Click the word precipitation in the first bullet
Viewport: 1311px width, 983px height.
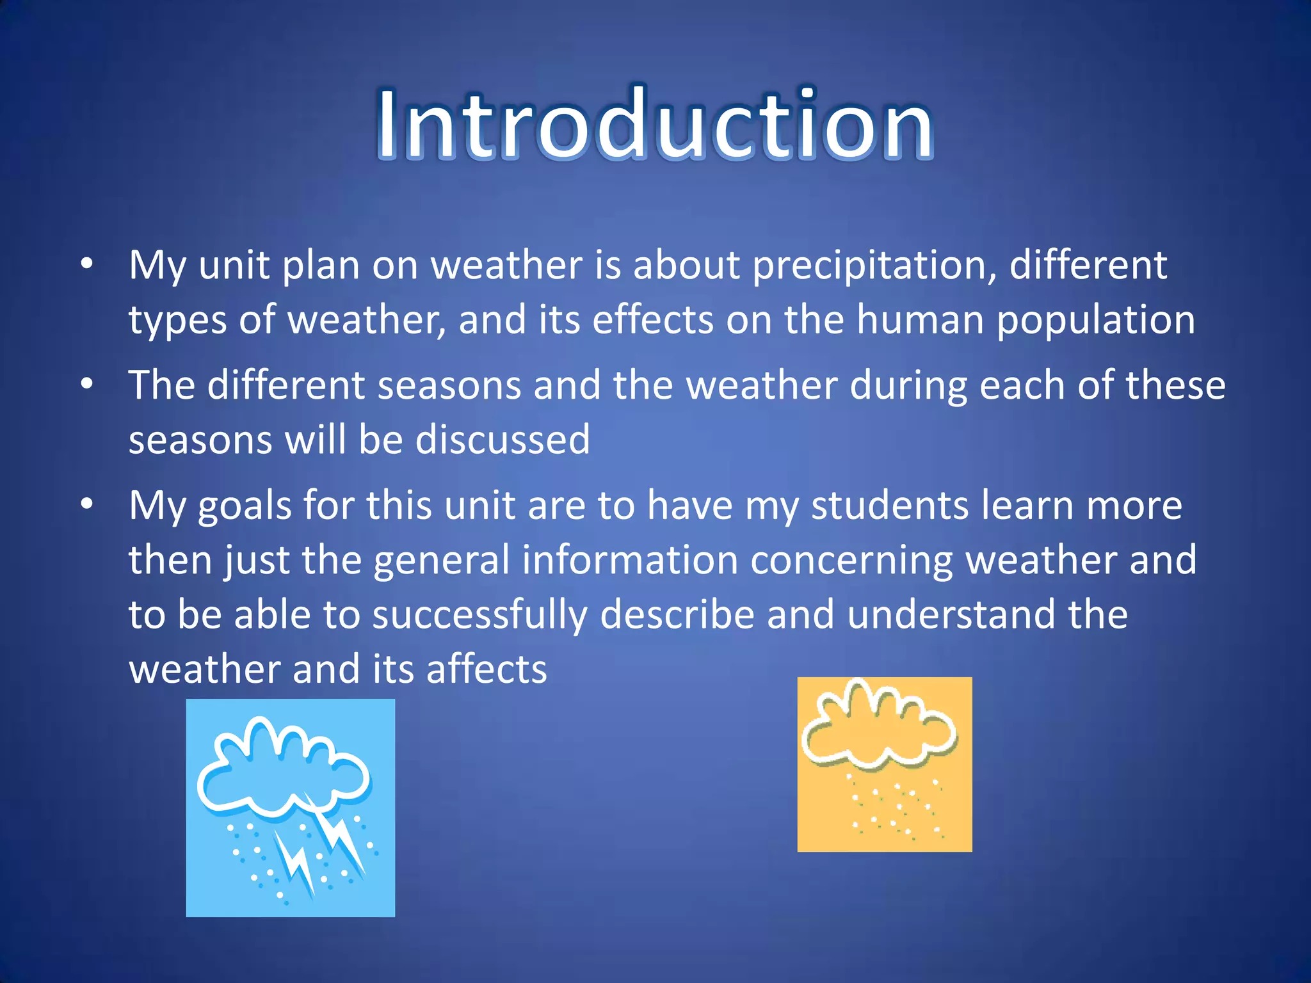click(874, 265)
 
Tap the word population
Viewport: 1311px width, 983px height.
click(1095, 320)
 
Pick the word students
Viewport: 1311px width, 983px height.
click(890, 506)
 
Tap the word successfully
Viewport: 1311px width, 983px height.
click(479, 615)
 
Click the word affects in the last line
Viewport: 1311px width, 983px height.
click(487, 669)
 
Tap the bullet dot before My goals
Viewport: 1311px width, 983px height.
click(87, 504)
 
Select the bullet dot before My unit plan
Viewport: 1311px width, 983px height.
click(87, 264)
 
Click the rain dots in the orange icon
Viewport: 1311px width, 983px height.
click(896, 808)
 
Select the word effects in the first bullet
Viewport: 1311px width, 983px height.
click(652, 319)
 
